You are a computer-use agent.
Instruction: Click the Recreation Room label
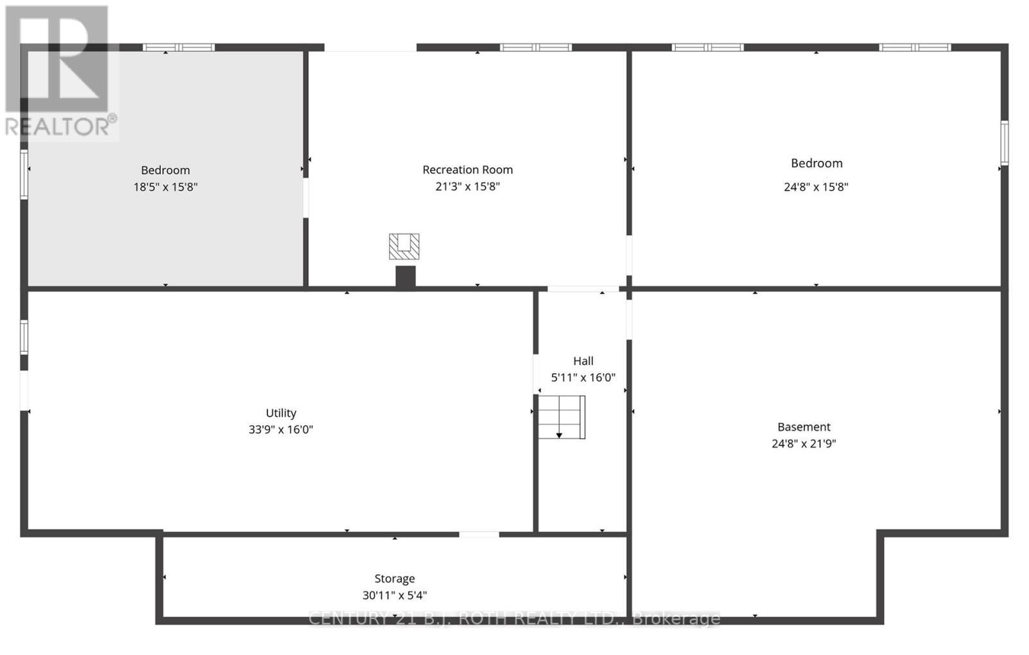pyautogui.click(x=468, y=170)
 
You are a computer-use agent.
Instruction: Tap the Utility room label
pyautogui.click(x=281, y=413)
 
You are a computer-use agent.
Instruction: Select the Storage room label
pyautogui.click(x=395, y=579)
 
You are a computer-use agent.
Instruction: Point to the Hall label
pyautogui.click(x=583, y=361)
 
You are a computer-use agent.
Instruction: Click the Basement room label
pyautogui.click(x=804, y=427)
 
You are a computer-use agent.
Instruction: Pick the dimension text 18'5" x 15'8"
pyautogui.click(x=165, y=187)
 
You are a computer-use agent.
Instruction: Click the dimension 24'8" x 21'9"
pyautogui.click(x=804, y=444)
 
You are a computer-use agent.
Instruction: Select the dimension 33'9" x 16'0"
pyautogui.click(x=281, y=430)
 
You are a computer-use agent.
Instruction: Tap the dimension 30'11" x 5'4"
pyautogui.click(x=395, y=596)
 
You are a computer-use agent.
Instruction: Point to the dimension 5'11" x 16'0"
pyautogui.click(x=583, y=378)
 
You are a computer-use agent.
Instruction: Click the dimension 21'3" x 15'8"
pyautogui.click(x=468, y=187)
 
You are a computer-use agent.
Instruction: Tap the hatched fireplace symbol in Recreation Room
pyautogui.click(x=404, y=246)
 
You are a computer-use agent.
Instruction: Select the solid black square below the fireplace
pyautogui.click(x=405, y=276)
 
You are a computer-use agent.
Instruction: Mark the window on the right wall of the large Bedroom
pyautogui.click(x=1005, y=143)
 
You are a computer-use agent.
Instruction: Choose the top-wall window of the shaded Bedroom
pyautogui.click(x=179, y=47)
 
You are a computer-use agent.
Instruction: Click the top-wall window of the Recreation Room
pyautogui.click(x=536, y=47)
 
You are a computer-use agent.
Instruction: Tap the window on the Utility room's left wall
pyautogui.click(x=24, y=337)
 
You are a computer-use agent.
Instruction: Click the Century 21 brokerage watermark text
pyautogui.click(x=514, y=619)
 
